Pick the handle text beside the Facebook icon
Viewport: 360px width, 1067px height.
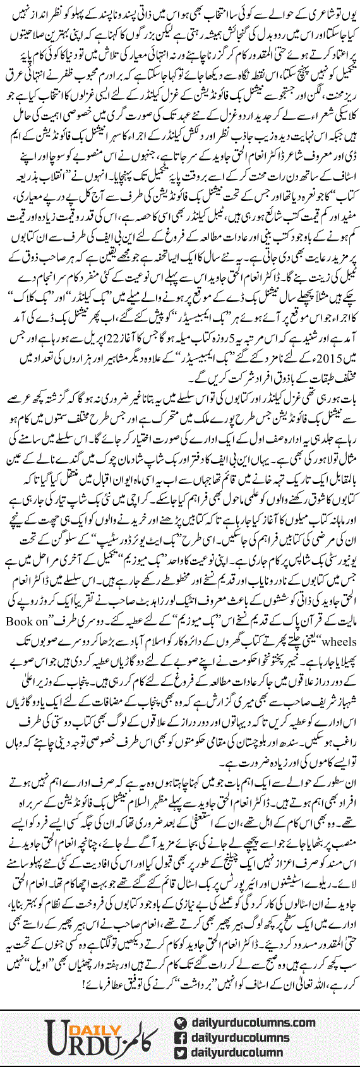[246, 1037]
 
